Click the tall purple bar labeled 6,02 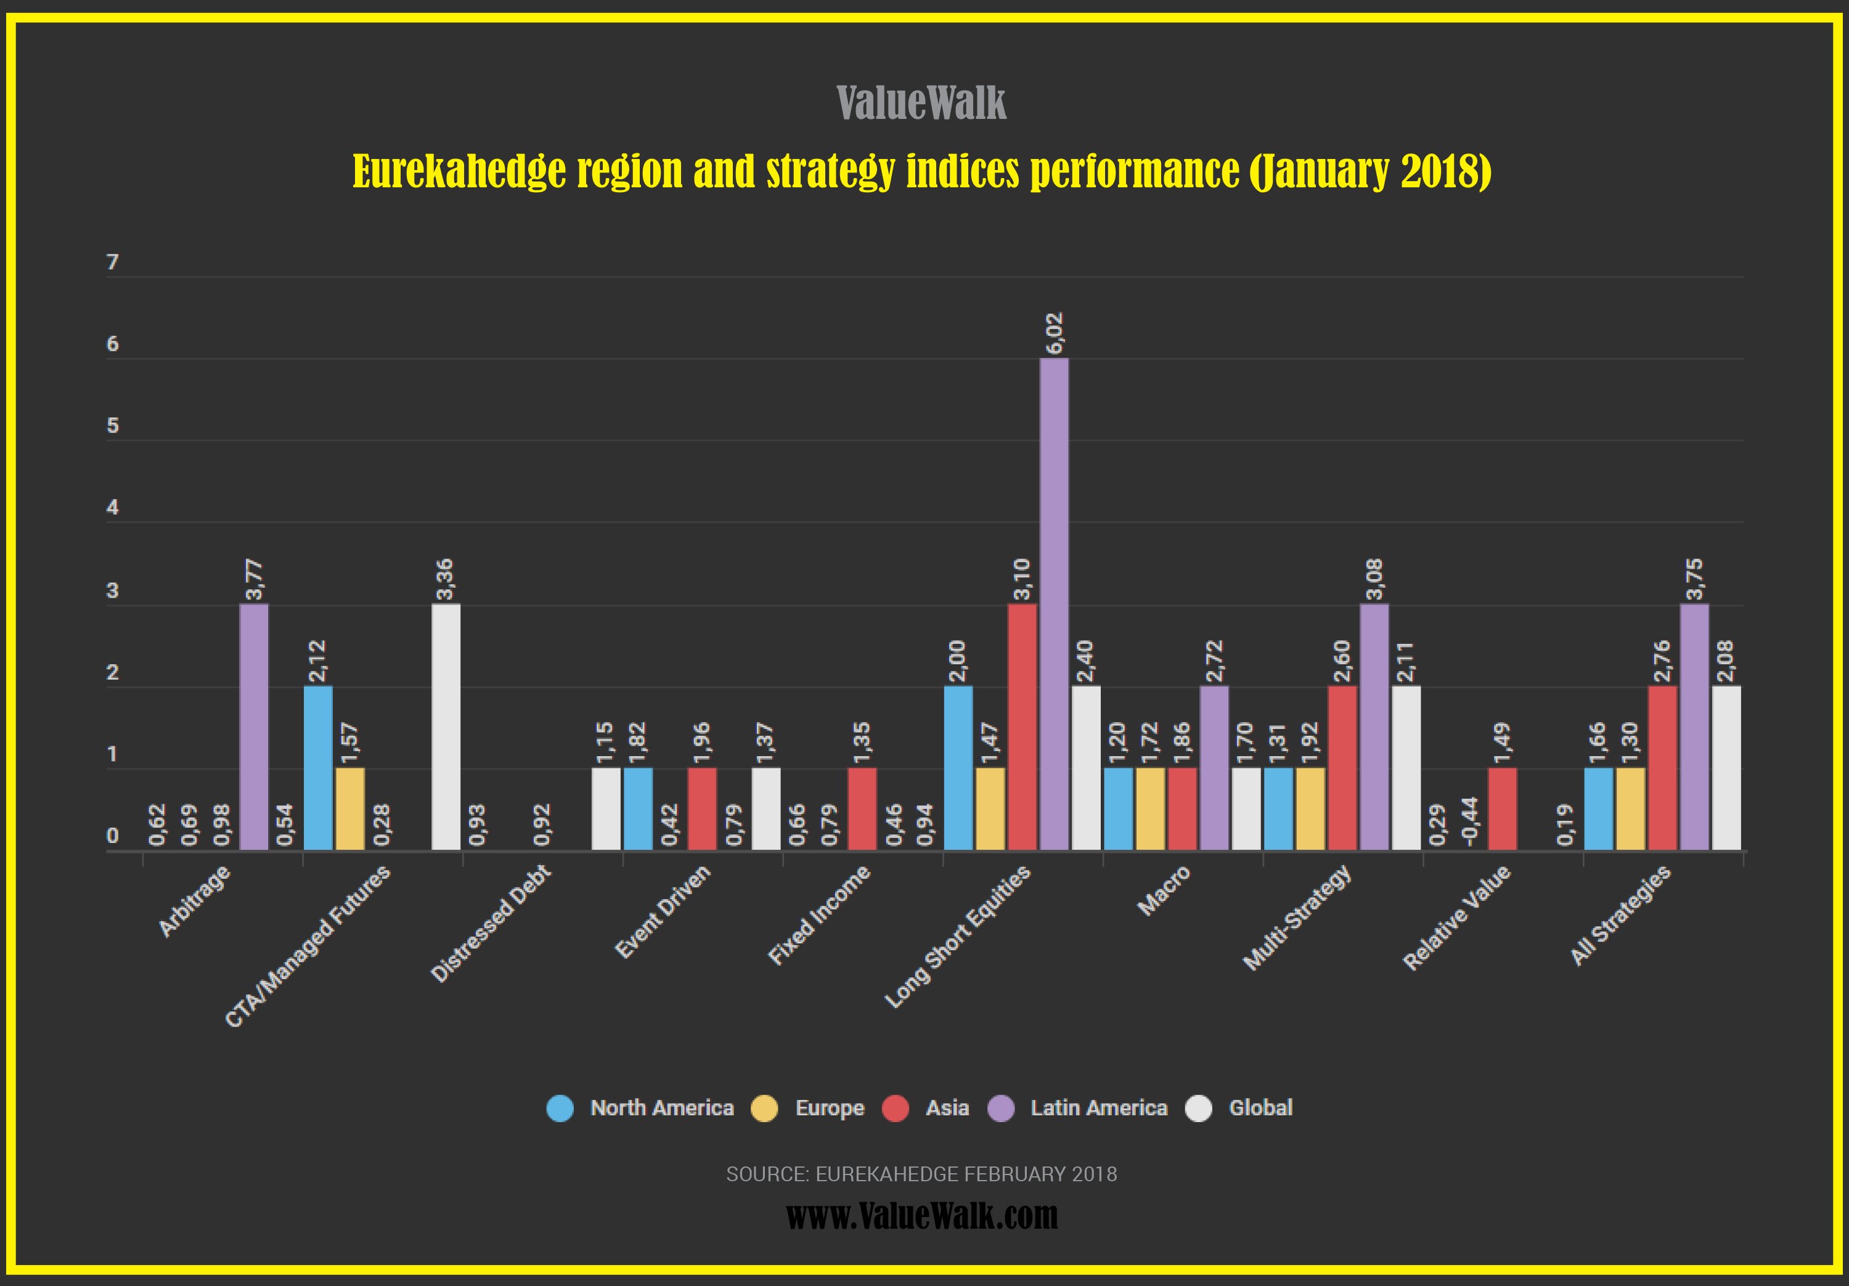1054,604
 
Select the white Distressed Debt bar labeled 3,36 446,726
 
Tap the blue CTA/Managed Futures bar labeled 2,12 318,767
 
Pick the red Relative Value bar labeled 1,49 1503,808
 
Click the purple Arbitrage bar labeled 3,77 254,726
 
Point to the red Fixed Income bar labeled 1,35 862,808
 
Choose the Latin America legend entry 1098,1108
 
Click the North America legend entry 661,1108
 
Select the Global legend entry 1260,1108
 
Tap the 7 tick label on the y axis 113,262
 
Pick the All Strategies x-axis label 1620,916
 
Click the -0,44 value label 1471,821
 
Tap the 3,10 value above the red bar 1022,580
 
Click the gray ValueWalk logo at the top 921,103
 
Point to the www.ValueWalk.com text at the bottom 921,1215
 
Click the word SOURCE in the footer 767,1174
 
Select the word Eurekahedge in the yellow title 459,171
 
